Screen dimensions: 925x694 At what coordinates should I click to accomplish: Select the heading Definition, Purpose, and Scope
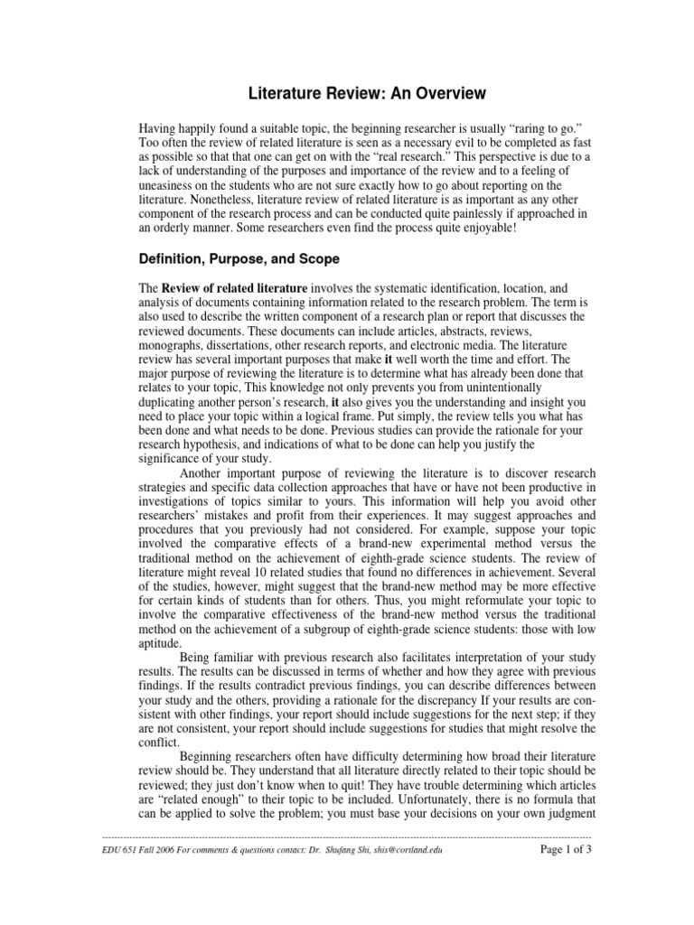239,259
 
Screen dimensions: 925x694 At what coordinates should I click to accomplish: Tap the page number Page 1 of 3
565,849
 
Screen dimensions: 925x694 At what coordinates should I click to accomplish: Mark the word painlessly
476,213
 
